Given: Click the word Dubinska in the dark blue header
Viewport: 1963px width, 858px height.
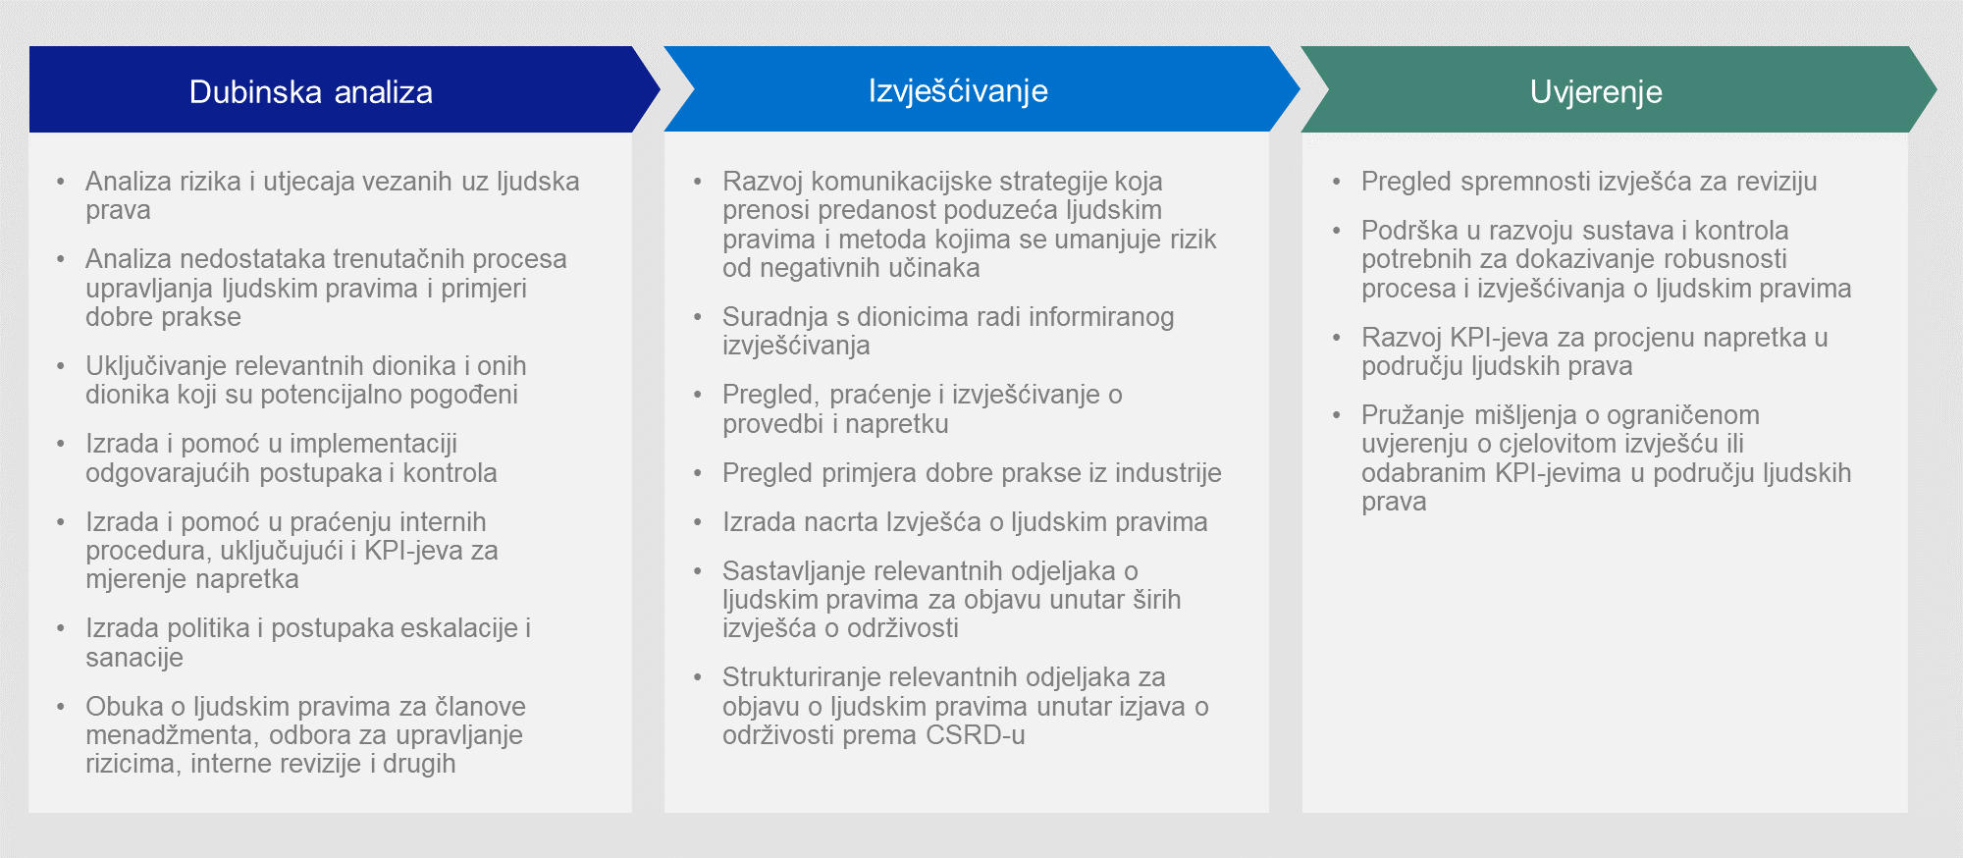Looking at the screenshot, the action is coord(255,91).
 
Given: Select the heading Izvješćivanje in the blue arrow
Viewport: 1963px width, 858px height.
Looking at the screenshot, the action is coord(958,91).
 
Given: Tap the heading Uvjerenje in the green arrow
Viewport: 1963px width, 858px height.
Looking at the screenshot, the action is coord(1596,92).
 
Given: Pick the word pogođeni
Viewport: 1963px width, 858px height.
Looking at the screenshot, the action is coord(463,395).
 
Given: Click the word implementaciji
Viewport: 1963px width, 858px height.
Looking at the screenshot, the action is coord(374,444).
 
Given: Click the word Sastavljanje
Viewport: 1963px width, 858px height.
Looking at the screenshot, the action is coord(794,571).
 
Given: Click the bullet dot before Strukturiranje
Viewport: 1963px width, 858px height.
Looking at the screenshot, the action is coord(698,677).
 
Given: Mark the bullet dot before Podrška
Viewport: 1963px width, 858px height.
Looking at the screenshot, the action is coord(1337,231).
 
